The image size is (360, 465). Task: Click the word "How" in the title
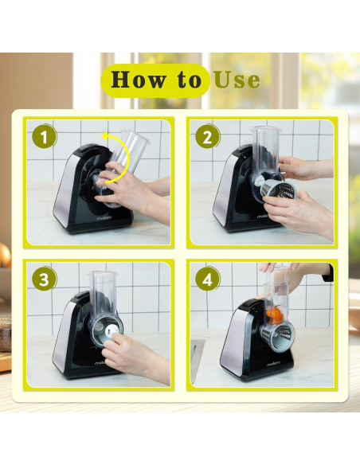(x=139, y=80)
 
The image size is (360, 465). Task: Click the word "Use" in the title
(x=237, y=80)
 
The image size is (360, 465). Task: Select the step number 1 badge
(x=44, y=137)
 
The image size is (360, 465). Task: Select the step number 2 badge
(x=208, y=137)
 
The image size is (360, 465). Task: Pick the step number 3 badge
(x=44, y=279)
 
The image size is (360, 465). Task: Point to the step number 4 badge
(x=208, y=279)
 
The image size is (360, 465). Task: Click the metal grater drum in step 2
(x=278, y=189)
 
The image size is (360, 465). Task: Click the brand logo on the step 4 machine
(x=273, y=364)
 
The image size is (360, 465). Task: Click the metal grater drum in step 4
(x=278, y=334)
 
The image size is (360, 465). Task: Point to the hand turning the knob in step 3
(x=135, y=357)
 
